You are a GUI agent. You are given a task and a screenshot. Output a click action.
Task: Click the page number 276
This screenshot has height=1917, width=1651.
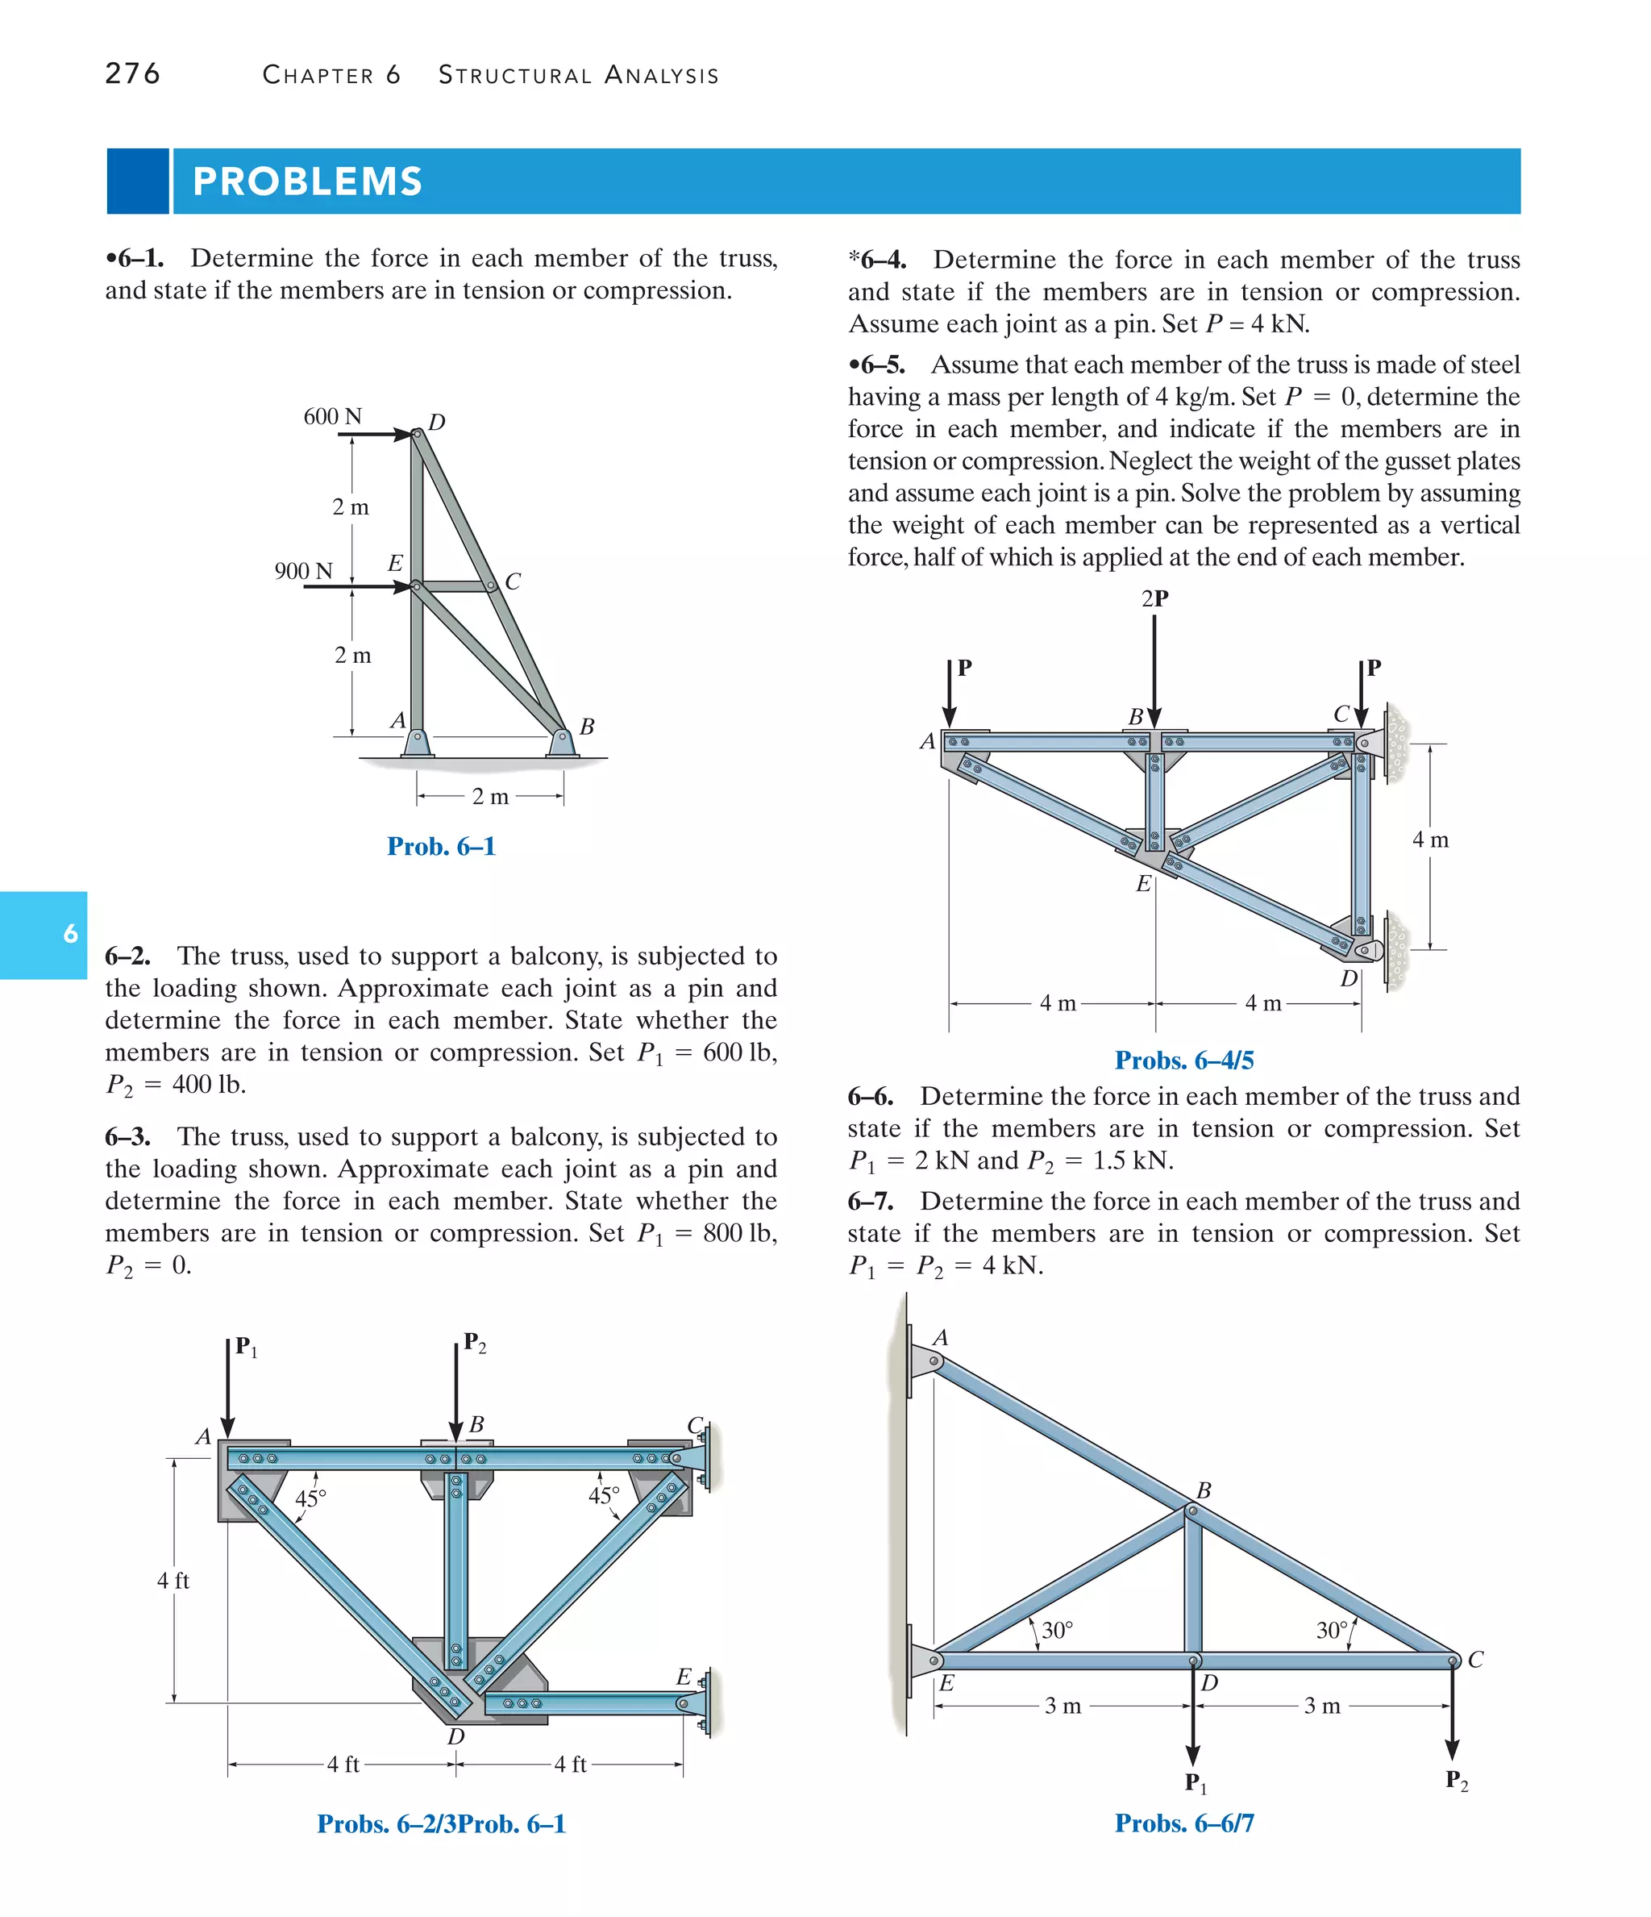pyautogui.click(x=132, y=73)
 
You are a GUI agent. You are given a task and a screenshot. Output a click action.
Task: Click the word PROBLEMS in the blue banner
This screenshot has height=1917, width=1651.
pyautogui.click(x=307, y=181)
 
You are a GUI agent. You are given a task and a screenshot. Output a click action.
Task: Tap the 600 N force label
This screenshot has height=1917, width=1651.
pyautogui.click(x=332, y=416)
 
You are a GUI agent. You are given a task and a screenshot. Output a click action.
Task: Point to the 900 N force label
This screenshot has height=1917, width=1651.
pyautogui.click(x=302, y=571)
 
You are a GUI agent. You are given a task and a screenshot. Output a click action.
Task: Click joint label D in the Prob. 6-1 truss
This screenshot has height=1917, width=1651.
pyautogui.click(x=437, y=422)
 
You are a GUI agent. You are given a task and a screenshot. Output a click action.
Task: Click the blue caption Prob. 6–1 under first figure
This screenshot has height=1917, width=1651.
pyautogui.click(x=441, y=846)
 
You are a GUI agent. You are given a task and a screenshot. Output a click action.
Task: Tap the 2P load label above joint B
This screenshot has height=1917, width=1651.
pyautogui.click(x=1154, y=598)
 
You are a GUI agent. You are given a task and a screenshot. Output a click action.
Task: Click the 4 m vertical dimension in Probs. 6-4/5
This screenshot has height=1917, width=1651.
pyautogui.click(x=1430, y=840)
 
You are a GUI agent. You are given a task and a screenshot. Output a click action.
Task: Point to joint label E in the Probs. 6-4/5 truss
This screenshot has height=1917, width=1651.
pyautogui.click(x=1142, y=884)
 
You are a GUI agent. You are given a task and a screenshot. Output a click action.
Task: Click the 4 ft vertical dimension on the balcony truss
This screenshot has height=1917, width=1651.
pyautogui.click(x=173, y=1580)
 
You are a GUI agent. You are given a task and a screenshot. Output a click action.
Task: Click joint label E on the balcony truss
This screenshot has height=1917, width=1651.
pyautogui.click(x=684, y=1677)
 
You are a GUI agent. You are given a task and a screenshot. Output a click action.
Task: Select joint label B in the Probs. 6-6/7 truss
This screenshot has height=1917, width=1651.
pyautogui.click(x=1204, y=1490)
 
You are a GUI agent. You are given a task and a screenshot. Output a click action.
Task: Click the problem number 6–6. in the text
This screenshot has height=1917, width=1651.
pyautogui.click(x=871, y=1098)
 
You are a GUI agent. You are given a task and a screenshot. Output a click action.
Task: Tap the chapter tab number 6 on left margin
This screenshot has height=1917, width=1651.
pyautogui.click(x=70, y=934)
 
